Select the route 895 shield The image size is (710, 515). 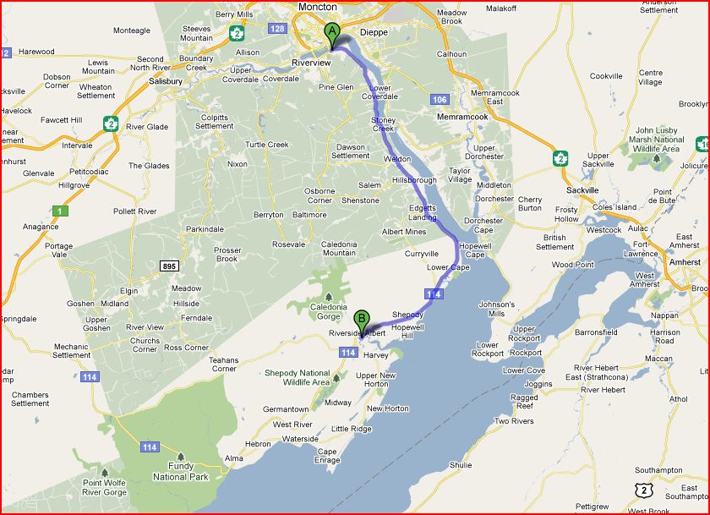point(169,266)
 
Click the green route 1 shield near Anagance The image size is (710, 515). point(59,210)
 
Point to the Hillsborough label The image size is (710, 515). point(413,180)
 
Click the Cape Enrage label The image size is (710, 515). point(327,456)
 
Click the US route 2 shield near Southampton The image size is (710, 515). point(645,490)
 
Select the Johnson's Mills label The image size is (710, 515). point(496,310)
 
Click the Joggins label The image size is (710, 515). point(538,383)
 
